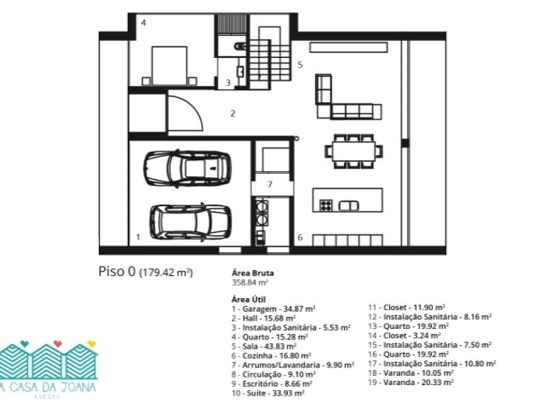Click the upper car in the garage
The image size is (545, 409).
coord(187,169)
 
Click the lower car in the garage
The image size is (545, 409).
coord(191,222)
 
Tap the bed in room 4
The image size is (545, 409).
coord(170,66)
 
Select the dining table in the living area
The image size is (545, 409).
coord(354,151)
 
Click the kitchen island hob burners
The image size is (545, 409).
coord(326,206)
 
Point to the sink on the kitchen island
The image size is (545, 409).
coord(349,206)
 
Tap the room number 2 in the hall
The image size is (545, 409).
coord(233,114)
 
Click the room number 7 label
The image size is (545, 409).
coord(270,184)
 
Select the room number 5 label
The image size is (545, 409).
coord(300,65)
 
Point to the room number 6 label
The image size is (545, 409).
coord(300,237)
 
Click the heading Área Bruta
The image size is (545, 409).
coord(253,273)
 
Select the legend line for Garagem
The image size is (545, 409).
coord(274,309)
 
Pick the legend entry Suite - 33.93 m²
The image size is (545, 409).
coord(268,393)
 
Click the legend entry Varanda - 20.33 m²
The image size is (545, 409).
coord(411,382)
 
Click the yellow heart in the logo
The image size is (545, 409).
coord(91,344)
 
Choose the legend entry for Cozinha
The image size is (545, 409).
coord(271,356)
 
